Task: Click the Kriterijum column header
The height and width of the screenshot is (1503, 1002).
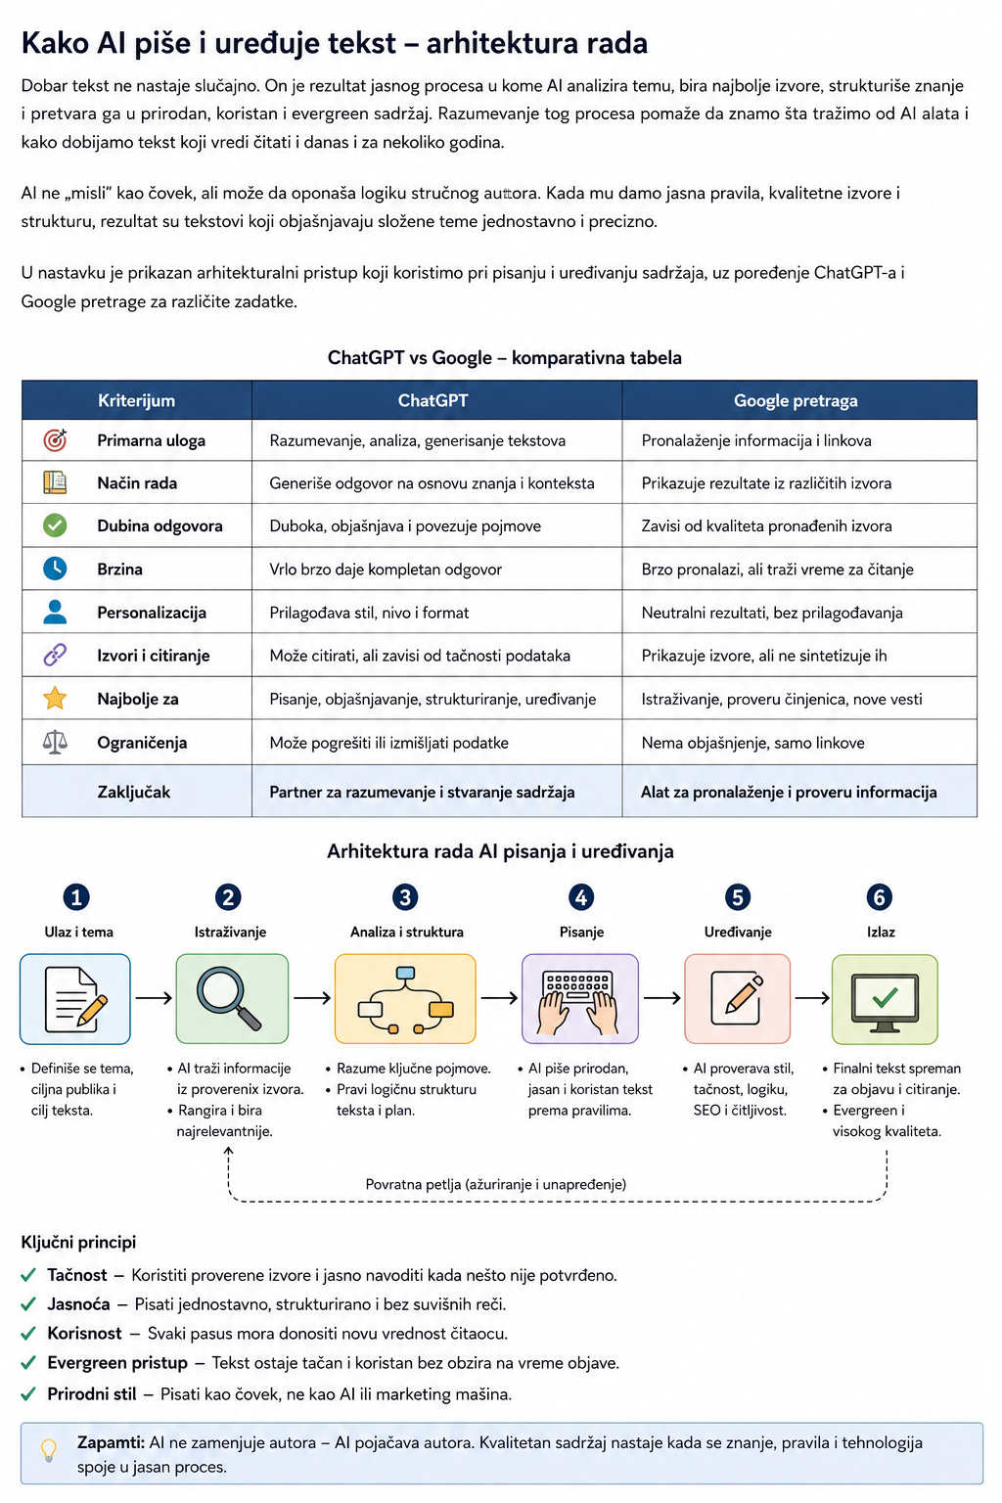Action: tap(136, 400)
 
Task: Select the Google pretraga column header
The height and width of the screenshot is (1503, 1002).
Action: tap(796, 400)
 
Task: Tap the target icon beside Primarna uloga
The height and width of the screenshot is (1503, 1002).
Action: tap(55, 440)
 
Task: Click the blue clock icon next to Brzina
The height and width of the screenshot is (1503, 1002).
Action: tap(55, 569)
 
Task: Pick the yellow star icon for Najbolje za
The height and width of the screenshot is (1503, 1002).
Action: tap(55, 698)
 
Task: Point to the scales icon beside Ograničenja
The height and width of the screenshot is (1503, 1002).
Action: tap(55, 742)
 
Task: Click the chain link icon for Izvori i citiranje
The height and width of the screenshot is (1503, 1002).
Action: tap(55, 655)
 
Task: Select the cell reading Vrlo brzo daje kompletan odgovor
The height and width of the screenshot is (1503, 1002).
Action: tap(386, 569)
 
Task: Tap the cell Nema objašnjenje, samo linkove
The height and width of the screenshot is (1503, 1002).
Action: tap(752, 743)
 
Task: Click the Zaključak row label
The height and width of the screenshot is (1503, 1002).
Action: tap(133, 792)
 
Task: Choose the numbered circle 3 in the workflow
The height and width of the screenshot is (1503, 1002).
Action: tap(405, 897)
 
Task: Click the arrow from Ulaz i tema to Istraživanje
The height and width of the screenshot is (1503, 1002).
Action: tap(154, 998)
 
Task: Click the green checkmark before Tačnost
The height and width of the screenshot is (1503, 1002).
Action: tap(28, 1275)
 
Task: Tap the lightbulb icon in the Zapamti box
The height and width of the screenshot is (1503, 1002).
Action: tap(48, 1451)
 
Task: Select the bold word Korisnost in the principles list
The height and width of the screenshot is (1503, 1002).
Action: tap(84, 1334)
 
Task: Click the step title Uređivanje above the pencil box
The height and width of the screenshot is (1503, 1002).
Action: tap(738, 932)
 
